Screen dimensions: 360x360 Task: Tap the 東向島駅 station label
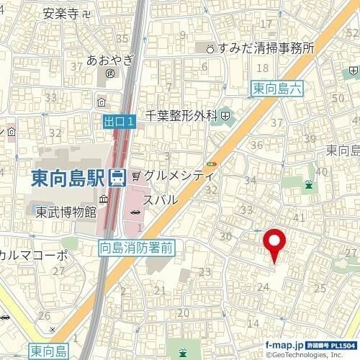[x=69, y=177]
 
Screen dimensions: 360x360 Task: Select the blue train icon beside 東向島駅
[x=118, y=177]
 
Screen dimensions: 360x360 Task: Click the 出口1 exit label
[x=119, y=122]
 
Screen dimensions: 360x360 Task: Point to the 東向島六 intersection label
[x=279, y=89]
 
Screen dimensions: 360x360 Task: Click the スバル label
[x=161, y=199]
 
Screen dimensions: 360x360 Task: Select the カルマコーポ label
[x=34, y=255]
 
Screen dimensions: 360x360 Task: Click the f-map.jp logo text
[x=283, y=345]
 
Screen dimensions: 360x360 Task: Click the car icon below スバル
[x=136, y=211]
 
